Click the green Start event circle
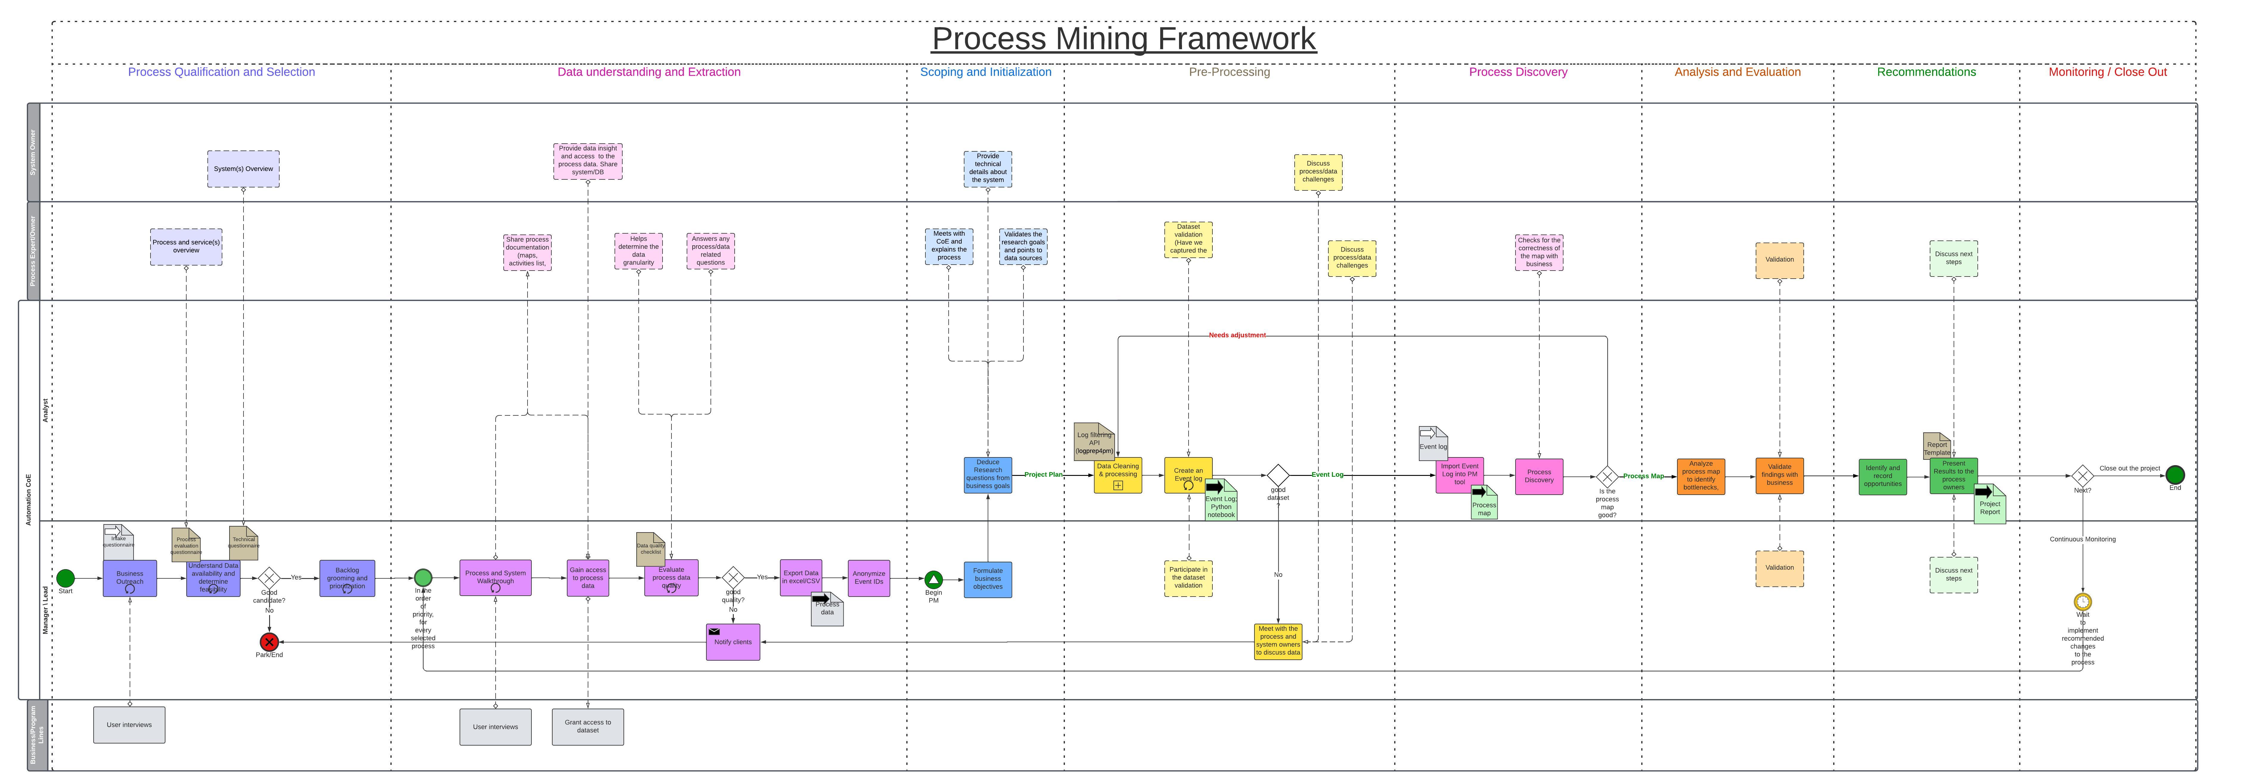(65, 578)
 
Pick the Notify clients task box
(733, 642)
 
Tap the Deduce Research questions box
(987, 474)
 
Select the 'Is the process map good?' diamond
(1607, 476)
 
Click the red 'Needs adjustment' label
(1237, 335)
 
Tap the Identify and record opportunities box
(1882, 476)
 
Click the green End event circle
(2175, 474)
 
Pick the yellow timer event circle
(2083, 602)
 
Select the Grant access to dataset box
(588, 726)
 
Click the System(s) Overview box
(243, 169)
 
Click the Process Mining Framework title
(1123, 39)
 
